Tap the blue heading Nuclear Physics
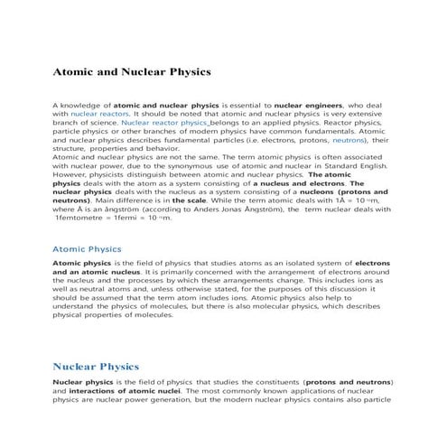pyautogui.click(x=96, y=367)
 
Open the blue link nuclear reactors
pyautogui.click(x=100, y=115)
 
